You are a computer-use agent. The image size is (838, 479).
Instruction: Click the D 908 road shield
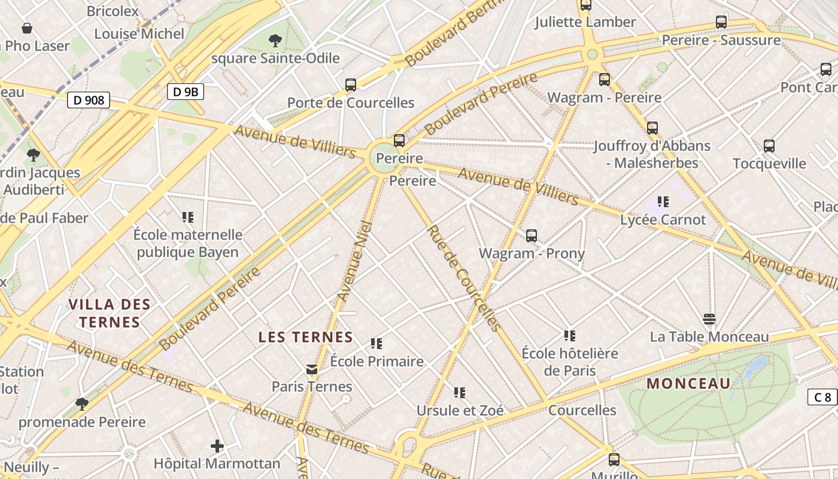pyautogui.click(x=89, y=100)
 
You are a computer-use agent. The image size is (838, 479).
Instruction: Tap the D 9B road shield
pyautogui.click(x=186, y=92)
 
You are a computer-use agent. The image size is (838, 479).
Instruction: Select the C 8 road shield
pyautogui.click(x=823, y=397)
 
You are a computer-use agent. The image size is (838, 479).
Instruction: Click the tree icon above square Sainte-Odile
pyautogui.click(x=275, y=41)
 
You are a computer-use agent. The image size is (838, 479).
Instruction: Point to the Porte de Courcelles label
pyautogui.click(x=351, y=102)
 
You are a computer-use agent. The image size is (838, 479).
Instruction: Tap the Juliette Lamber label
pyautogui.click(x=585, y=22)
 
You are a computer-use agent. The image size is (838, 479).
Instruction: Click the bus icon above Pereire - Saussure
pyautogui.click(x=721, y=23)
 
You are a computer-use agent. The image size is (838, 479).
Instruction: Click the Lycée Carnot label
pyautogui.click(x=663, y=220)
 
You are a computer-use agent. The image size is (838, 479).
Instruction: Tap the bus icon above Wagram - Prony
pyautogui.click(x=532, y=236)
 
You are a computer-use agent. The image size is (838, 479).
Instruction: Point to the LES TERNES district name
pyautogui.click(x=305, y=337)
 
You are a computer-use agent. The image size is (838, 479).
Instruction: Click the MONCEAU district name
pyautogui.click(x=688, y=383)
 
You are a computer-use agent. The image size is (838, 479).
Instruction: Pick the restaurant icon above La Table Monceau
pyautogui.click(x=709, y=319)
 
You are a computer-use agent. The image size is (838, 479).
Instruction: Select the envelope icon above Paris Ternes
pyautogui.click(x=312, y=369)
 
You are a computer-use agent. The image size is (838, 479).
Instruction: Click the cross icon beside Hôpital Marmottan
pyautogui.click(x=217, y=446)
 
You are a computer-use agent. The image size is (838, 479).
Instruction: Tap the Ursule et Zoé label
pyautogui.click(x=460, y=410)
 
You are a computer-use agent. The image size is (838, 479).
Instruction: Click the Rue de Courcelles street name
pyautogui.click(x=464, y=278)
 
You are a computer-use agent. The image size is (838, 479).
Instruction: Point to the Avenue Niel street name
pyautogui.click(x=356, y=261)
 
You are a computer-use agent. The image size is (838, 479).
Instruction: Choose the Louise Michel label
pyautogui.click(x=139, y=34)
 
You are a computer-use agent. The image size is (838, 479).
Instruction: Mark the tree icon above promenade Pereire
pyautogui.click(x=82, y=404)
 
